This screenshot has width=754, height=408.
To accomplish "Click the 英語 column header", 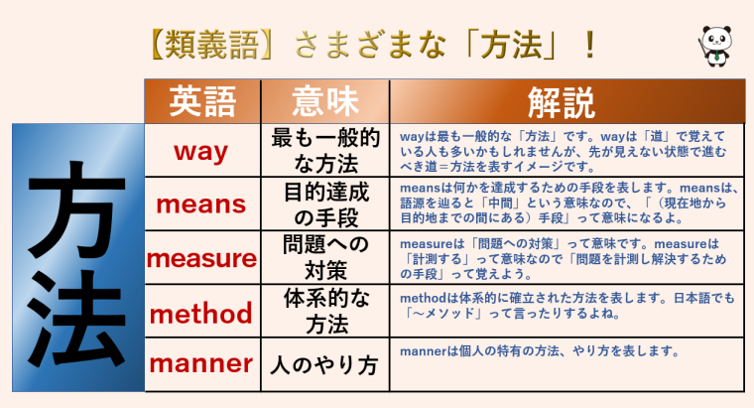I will tap(202, 100).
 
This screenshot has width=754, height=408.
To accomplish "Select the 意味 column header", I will tap(325, 100).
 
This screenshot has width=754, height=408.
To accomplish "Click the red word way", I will tap(201, 151).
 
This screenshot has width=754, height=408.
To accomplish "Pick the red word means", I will tap(202, 204).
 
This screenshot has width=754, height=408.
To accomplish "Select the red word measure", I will tap(201, 258).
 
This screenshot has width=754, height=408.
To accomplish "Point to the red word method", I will tap(201, 313).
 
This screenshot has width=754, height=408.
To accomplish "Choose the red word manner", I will tap(201, 364).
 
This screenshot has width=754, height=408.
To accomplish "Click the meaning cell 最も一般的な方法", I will tap(325, 151).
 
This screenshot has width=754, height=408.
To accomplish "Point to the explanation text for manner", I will tap(539, 350).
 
